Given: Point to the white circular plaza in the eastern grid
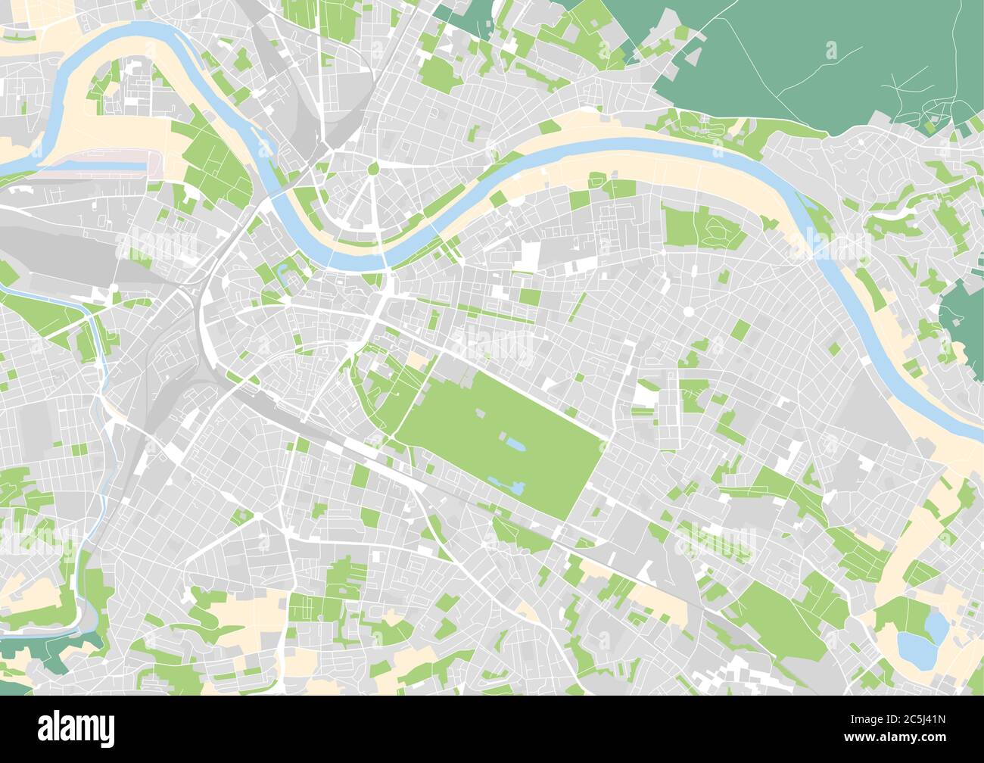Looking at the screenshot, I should [x=689, y=311].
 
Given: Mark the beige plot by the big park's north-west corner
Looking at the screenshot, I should [x=417, y=360].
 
